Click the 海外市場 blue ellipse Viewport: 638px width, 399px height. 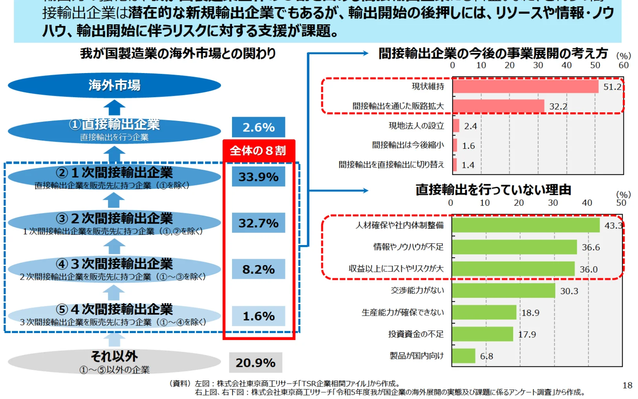click(114, 85)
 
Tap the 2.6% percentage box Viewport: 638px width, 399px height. click(258, 127)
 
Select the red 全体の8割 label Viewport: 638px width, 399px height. click(258, 150)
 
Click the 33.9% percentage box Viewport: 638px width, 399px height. click(258, 177)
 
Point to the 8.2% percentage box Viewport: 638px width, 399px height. click(258, 269)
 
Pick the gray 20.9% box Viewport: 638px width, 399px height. click(256, 362)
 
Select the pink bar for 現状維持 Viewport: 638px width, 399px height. click(525, 86)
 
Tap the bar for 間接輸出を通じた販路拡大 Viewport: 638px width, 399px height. click(498, 106)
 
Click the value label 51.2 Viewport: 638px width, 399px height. click(612, 87)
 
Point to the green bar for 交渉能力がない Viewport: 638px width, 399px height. click(503, 291)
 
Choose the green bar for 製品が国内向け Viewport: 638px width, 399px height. click(464, 356)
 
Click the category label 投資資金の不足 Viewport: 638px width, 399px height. click(416, 334)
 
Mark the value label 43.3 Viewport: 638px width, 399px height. click(613, 225)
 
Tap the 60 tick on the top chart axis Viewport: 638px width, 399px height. click(623, 66)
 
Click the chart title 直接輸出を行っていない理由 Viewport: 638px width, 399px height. click(493, 190)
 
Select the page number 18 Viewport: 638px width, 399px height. click(627, 385)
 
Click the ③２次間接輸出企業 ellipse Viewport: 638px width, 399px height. click(114, 223)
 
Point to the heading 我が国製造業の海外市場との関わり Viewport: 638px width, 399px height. click(178, 53)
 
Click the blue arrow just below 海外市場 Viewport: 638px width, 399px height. click(114, 108)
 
